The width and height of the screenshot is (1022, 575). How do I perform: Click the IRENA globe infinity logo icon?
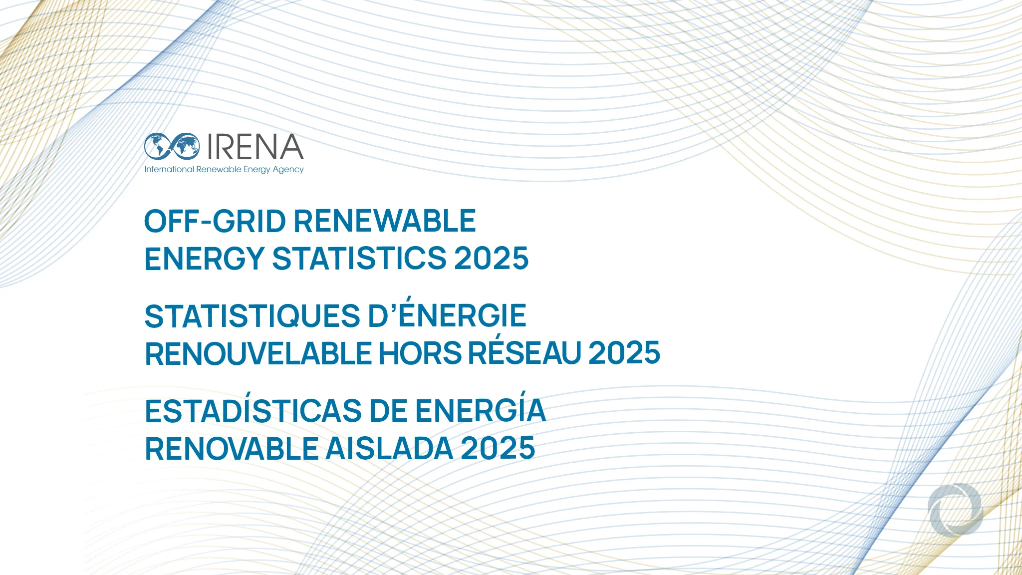click(172, 146)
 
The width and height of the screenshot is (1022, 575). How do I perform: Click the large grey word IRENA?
click(255, 147)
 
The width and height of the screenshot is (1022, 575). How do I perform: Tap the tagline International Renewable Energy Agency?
click(224, 170)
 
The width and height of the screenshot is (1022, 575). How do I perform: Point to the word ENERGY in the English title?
click(204, 259)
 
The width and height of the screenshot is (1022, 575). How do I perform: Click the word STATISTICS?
click(359, 259)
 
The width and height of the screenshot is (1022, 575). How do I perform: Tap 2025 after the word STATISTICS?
click(491, 259)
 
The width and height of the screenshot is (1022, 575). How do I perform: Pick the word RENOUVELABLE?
click(258, 354)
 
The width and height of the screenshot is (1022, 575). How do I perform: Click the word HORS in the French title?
click(420, 354)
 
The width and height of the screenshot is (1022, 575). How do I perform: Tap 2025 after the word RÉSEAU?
click(624, 353)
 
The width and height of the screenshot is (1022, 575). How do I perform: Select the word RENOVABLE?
click(232, 449)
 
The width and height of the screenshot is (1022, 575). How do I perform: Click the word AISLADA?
click(389, 449)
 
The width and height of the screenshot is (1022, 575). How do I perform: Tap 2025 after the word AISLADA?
click(498, 449)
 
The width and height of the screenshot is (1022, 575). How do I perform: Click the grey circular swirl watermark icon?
click(955, 509)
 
